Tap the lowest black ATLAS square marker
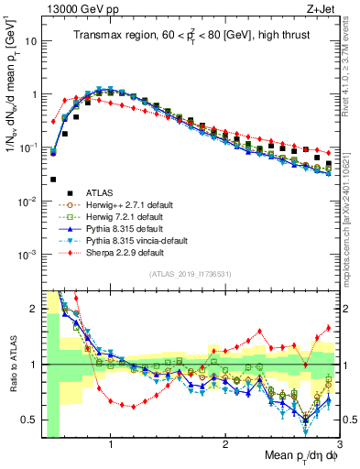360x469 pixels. pos(53,180)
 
